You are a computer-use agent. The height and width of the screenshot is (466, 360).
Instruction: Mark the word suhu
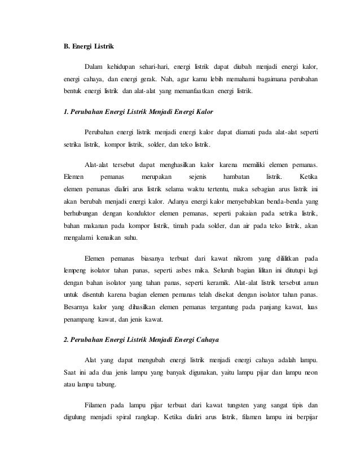click(129, 238)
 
